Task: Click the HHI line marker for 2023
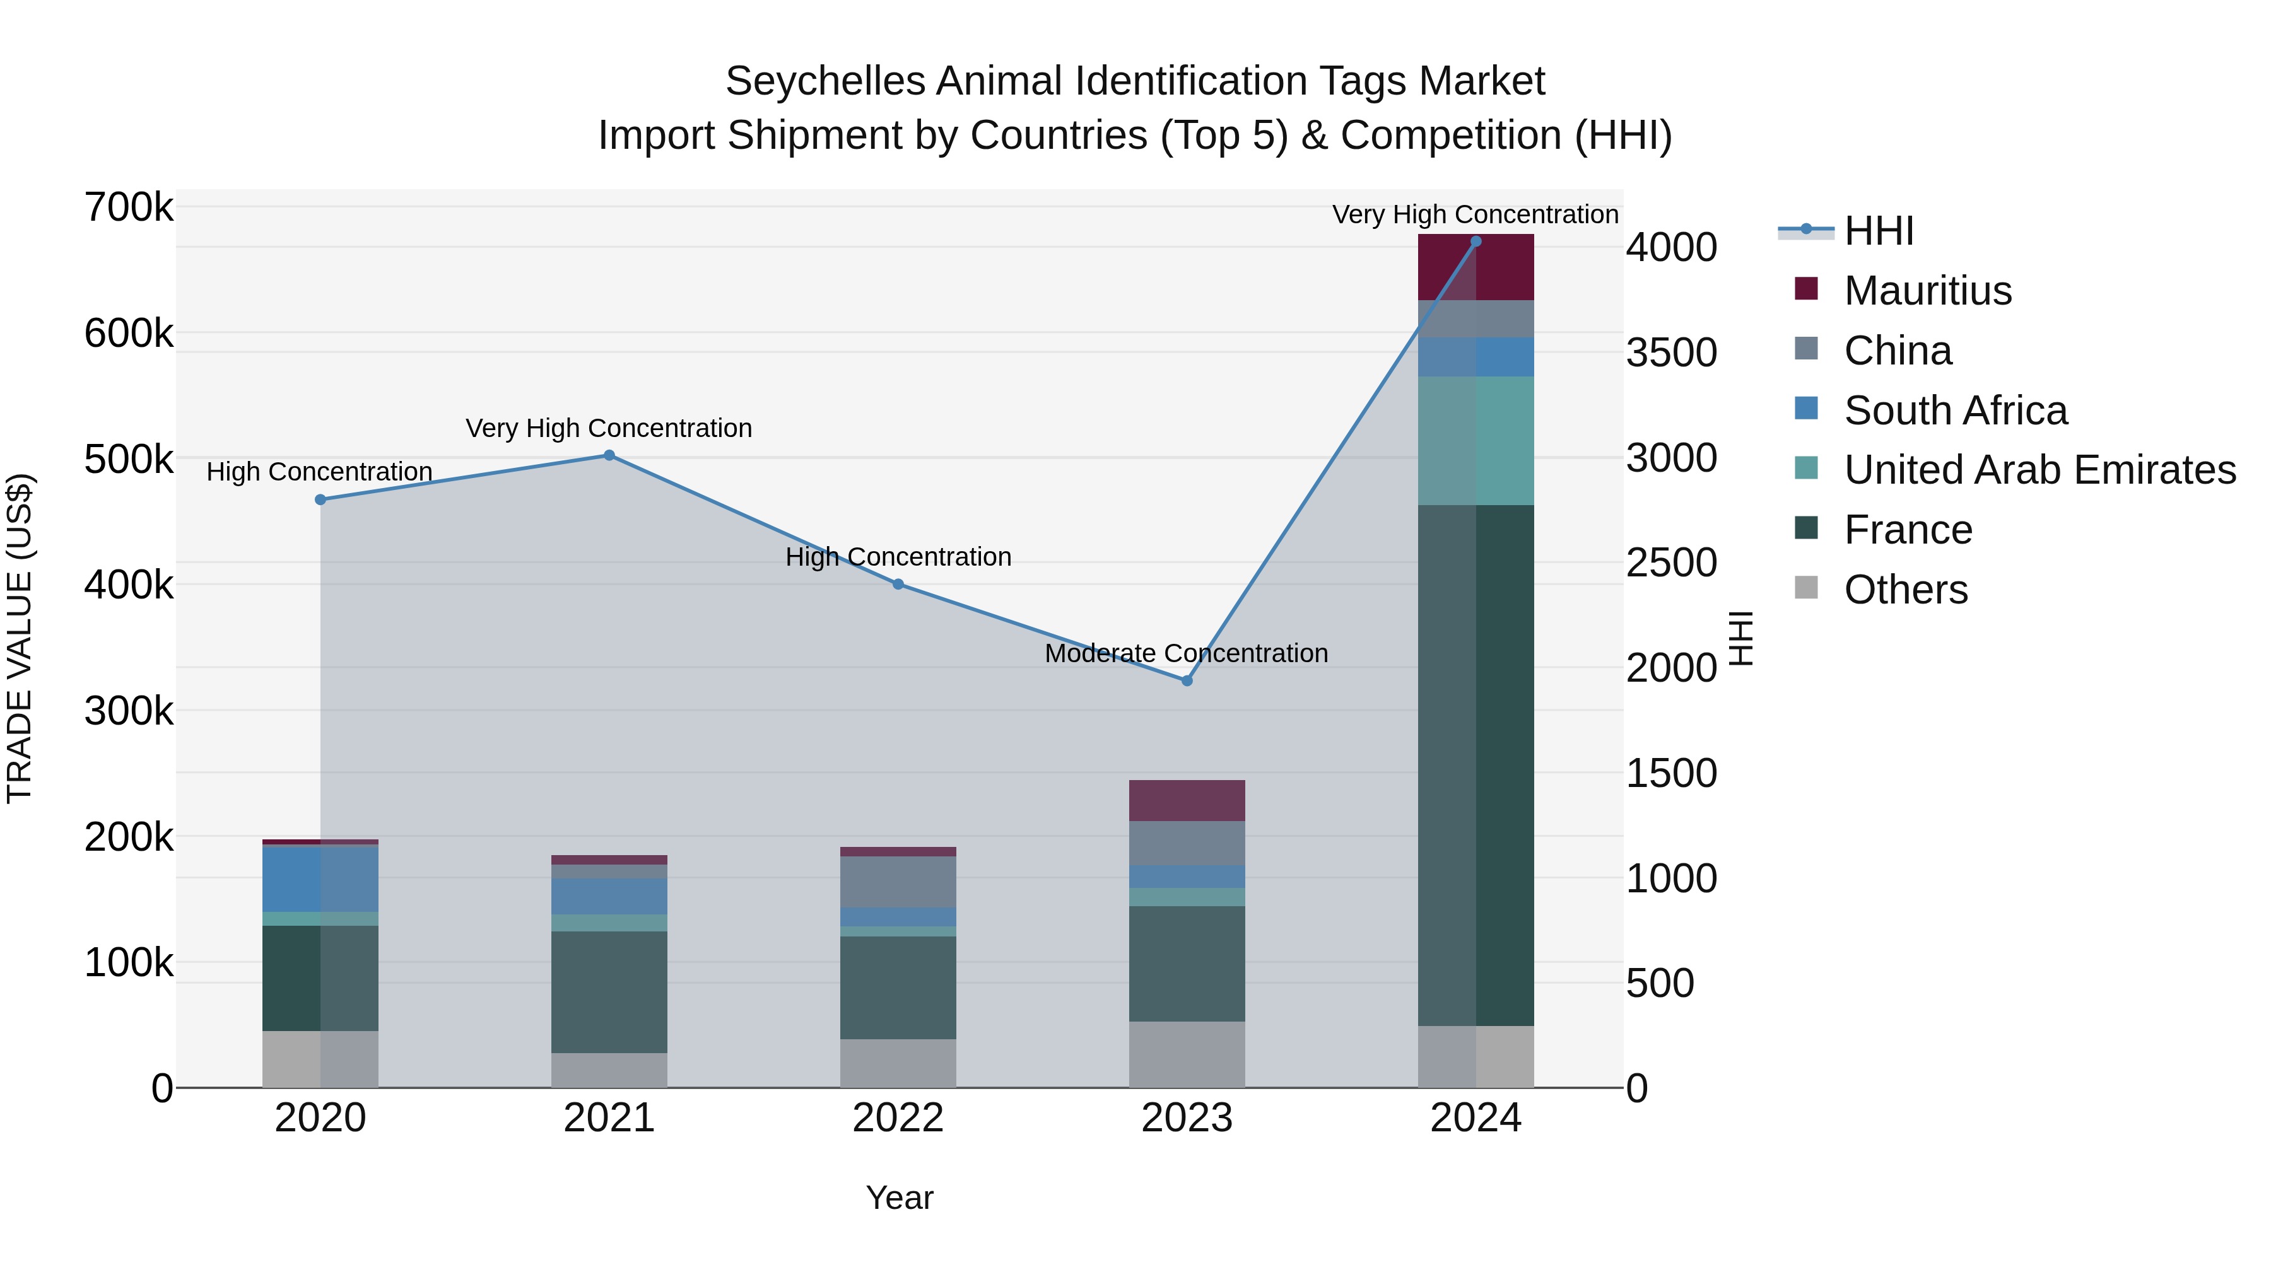coord(1187,680)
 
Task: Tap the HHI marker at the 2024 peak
coord(1476,242)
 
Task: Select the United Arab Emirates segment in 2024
coord(1476,441)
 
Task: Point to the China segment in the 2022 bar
coord(898,882)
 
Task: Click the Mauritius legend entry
coord(1927,291)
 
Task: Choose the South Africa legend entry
coord(1954,411)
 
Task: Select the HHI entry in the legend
coord(1878,231)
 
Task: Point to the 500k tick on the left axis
coord(129,459)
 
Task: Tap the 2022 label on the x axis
coord(898,1118)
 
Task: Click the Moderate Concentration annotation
coord(1186,654)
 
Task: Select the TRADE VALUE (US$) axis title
coord(20,638)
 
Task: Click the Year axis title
coord(899,1198)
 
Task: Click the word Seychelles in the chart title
coord(825,81)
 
